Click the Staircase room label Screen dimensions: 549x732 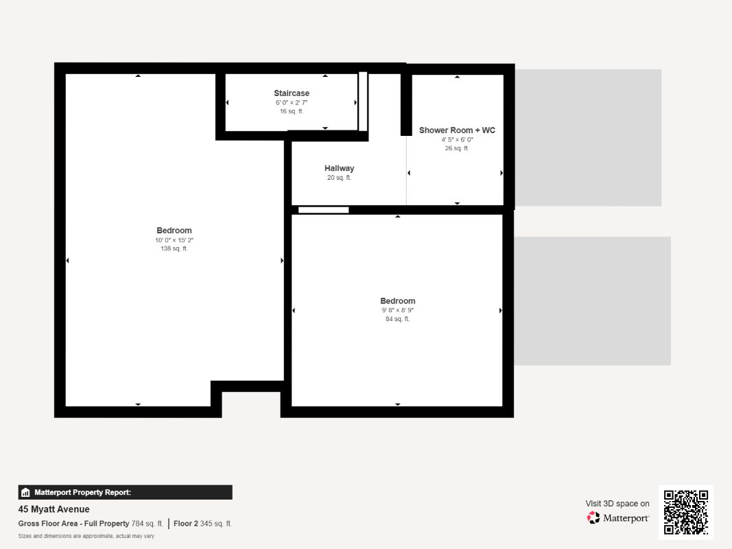[292, 93]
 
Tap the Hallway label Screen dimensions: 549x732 [340, 168]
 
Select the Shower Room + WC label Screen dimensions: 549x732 [457, 130]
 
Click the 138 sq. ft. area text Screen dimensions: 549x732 [174, 249]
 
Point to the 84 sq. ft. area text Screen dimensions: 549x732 [398, 319]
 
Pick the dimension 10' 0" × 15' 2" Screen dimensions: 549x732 [174, 240]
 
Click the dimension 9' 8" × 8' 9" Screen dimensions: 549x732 [398, 310]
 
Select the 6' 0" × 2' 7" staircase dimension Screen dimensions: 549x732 [292, 102]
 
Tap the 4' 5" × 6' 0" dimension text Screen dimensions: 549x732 [457, 139]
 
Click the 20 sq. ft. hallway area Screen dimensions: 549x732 [340, 178]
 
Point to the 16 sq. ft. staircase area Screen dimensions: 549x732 [292, 111]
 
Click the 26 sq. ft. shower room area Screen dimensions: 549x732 [457, 148]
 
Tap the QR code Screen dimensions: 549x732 [686, 512]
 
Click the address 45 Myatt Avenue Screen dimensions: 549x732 [54, 509]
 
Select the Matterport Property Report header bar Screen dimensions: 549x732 [125, 492]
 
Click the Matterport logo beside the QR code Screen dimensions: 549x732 [618, 518]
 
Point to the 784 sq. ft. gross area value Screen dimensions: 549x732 [147, 524]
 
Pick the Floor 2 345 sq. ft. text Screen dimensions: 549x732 [203, 524]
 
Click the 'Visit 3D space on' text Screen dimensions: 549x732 [617, 504]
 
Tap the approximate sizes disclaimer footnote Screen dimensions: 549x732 [86, 536]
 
